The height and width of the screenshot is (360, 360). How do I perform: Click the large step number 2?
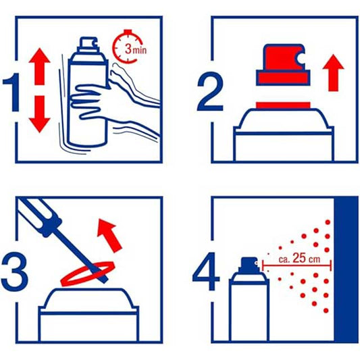coord(210,92)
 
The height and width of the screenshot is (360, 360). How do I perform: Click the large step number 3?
coord(14,272)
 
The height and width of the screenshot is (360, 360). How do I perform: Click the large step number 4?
coord(206,272)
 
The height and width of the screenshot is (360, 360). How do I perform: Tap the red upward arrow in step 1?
coord(39,67)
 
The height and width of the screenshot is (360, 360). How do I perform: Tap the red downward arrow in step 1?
coord(39,114)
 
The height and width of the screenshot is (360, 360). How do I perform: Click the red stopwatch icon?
coord(128,47)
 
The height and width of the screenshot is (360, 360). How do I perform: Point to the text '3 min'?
coord(136,49)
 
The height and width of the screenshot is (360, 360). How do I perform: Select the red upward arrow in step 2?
coord(333,73)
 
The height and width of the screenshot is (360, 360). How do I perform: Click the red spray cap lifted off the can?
coord(283,65)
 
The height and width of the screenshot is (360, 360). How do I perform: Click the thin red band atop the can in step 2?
coord(283,105)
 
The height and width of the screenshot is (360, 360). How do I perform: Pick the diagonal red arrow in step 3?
coord(109,236)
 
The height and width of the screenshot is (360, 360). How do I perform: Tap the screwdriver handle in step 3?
coord(40,217)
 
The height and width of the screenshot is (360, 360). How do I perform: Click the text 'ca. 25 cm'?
coord(299,259)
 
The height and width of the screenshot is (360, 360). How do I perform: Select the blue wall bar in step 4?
coord(346,269)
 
